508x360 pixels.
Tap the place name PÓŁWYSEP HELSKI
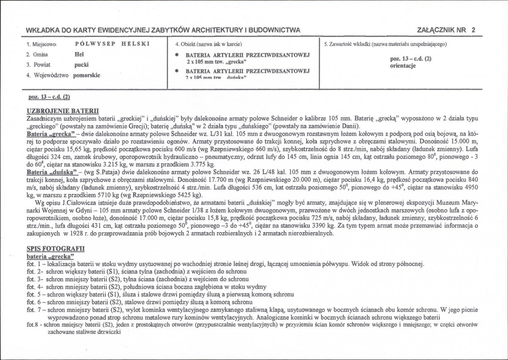[x=112, y=44]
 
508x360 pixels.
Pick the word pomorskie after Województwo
[x=86, y=75]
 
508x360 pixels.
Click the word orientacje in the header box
[x=403, y=66]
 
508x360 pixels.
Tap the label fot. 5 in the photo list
[x=33, y=294]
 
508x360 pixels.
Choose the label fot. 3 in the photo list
[x=33, y=279]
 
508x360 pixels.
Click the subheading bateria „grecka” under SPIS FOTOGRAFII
[x=50, y=256]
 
